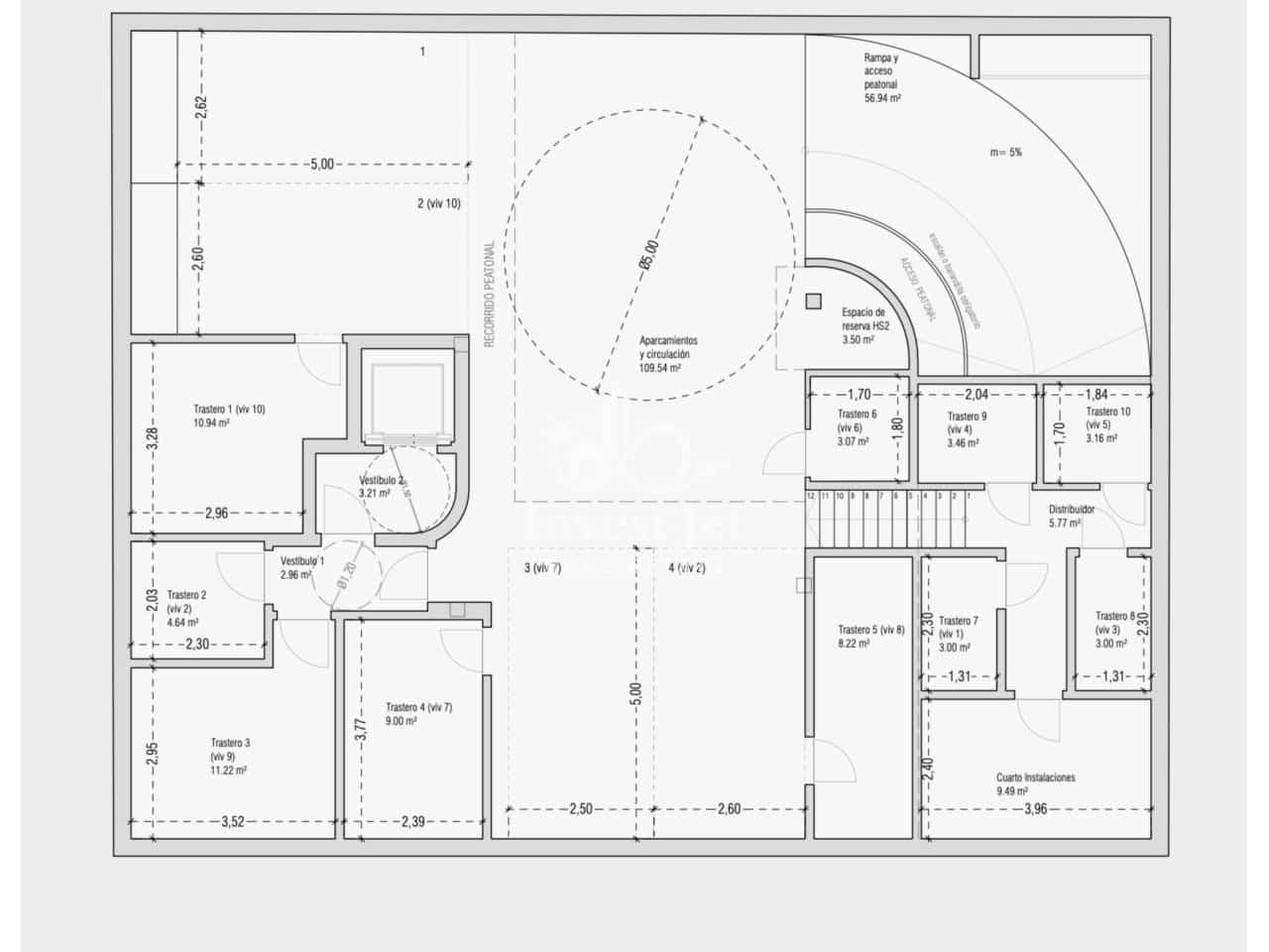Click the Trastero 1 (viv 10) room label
[x=228, y=416]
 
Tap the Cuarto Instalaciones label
[x=1035, y=783]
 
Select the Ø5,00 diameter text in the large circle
[x=648, y=255]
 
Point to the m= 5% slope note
[x=1005, y=153]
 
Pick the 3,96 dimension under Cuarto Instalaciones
[x=1034, y=809]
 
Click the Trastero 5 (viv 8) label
[x=870, y=636]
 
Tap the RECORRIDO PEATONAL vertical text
[x=489, y=295]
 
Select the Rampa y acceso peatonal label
[x=881, y=78]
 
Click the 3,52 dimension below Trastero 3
[x=232, y=821]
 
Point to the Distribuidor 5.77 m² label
[x=1071, y=516]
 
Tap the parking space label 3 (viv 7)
[x=542, y=568]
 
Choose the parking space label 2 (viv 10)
[x=438, y=203]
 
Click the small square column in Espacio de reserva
[x=814, y=301]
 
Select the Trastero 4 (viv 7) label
[x=418, y=714]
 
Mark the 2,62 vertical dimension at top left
[x=200, y=107]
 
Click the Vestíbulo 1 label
[x=301, y=567]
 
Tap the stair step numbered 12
[x=811, y=495]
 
